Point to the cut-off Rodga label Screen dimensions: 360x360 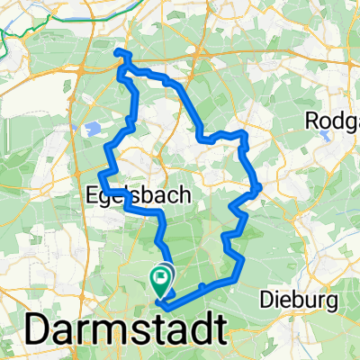pyautogui.click(x=332, y=120)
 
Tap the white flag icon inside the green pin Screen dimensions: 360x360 pyautogui.click(x=163, y=277)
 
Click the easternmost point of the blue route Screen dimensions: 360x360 pyautogui.click(x=260, y=187)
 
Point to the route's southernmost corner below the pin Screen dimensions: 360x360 pyautogui.click(x=162, y=304)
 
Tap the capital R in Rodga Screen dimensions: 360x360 pyautogui.click(x=312, y=120)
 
